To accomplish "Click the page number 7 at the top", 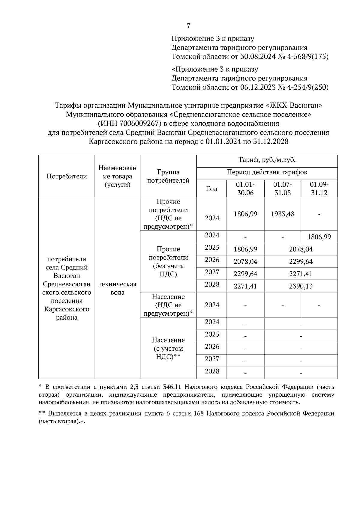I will (x=188, y=26).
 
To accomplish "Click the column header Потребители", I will (x=67, y=176).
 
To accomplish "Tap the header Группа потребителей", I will (x=168, y=176).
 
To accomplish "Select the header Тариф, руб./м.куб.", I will (x=267, y=160).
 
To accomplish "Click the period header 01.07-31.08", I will (x=283, y=189).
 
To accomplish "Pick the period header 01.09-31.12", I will (x=319, y=189).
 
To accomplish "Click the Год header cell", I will (x=211, y=189).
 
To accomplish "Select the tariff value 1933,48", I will (x=283, y=214).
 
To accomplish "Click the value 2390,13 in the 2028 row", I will (x=301, y=286).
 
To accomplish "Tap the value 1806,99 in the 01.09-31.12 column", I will (x=319, y=237).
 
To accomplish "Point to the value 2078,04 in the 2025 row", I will (x=301, y=249).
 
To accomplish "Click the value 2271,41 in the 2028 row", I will (x=245, y=286).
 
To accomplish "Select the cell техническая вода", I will (x=117, y=288).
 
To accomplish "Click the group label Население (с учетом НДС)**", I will (x=168, y=348).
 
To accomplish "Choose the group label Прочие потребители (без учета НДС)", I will (x=168, y=261).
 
